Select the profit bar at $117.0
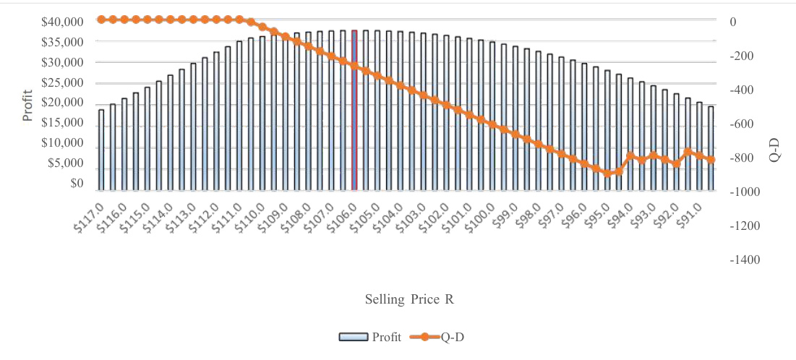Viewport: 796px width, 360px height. coord(101,150)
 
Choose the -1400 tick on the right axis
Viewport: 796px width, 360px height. coord(745,260)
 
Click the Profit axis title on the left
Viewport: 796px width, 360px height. coord(28,106)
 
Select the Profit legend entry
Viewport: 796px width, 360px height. coord(369,337)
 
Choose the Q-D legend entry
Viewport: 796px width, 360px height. coord(441,337)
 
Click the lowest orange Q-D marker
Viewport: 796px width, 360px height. coord(608,173)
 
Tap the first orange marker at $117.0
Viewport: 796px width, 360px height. coord(101,20)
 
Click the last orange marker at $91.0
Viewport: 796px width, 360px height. coord(711,160)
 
